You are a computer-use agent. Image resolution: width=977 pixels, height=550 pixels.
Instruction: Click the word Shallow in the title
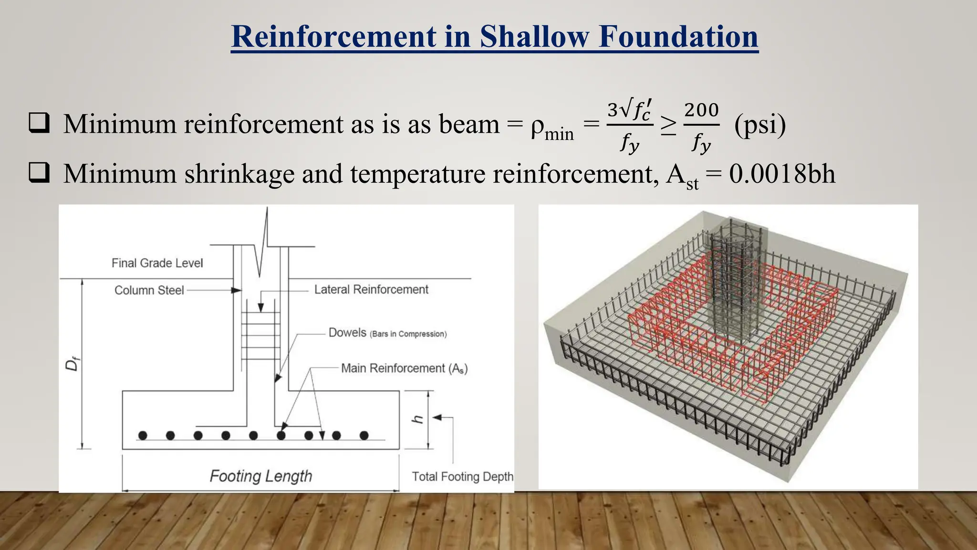pos(534,37)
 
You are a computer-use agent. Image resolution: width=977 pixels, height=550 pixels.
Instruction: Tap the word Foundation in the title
pos(678,37)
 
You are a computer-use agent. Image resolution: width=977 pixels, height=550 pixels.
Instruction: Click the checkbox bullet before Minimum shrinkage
pos(39,172)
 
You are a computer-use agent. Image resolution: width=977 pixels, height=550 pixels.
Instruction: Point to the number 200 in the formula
pos(701,110)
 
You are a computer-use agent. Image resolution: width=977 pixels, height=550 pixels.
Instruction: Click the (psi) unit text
pos(760,125)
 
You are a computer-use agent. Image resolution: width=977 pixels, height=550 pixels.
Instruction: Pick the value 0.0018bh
pos(782,173)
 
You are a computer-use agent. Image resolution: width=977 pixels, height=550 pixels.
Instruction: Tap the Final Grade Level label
pos(157,263)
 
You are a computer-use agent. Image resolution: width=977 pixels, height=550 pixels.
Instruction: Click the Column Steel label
pos(149,290)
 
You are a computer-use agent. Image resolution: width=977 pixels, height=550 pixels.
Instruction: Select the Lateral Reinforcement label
pos(371,289)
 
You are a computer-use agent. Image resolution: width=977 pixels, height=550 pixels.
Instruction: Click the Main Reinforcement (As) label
pos(404,369)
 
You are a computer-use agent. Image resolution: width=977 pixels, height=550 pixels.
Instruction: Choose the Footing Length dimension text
pos(261,476)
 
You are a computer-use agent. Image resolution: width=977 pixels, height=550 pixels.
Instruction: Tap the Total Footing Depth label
pos(462,476)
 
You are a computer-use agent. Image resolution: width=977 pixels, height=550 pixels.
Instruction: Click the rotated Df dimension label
pos(72,365)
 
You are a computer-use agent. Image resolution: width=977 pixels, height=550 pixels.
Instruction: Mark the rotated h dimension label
pos(418,419)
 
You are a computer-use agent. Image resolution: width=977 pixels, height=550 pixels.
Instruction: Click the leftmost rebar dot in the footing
pos(143,435)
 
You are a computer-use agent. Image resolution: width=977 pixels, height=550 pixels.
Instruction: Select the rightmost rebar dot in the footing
pos(364,435)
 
